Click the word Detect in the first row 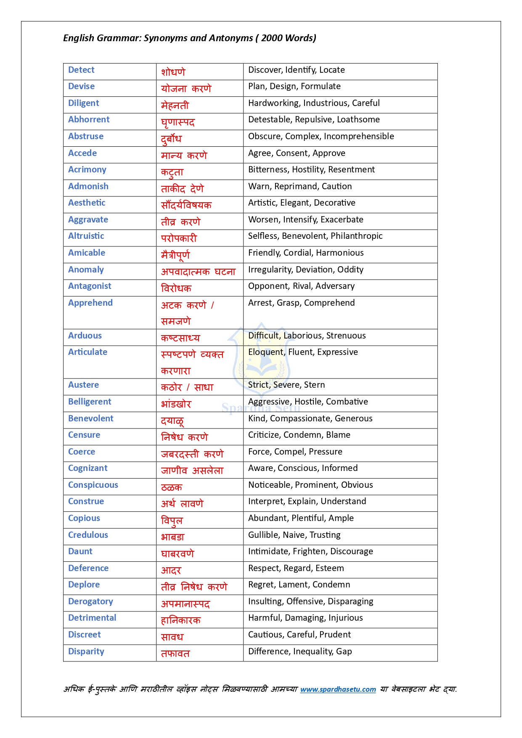[81, 70]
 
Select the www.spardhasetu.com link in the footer [338, 689]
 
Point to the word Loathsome [358, 119]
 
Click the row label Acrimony [87, 169]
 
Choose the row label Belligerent [90, 402]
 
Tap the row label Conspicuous [93, 485]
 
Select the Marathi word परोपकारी [179, 238]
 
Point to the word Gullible [262, 535]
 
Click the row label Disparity [86, 651]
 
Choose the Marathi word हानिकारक [181, 620]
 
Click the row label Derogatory [90, 601]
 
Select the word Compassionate [300, 418]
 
